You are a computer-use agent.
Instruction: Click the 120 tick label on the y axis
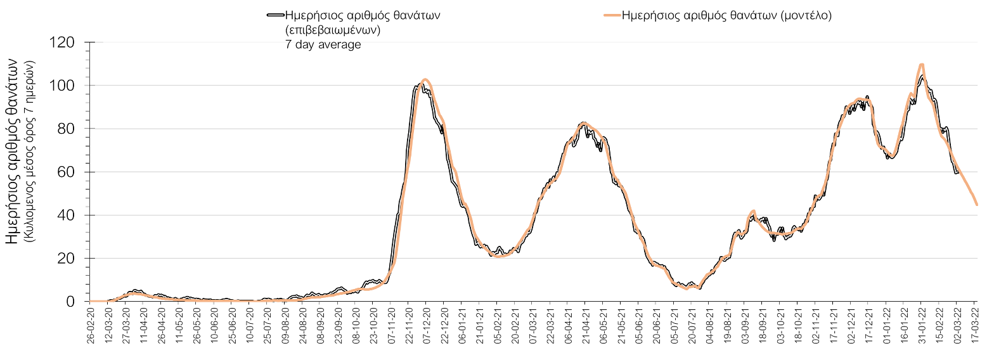(x=62, y=42)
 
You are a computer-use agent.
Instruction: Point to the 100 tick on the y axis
(x=62, y=86)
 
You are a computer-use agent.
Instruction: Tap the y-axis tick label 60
(x=67, y=172)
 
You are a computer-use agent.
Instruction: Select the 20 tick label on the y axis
(x=67, y=259)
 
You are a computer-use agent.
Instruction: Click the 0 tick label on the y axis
(x=71, y=302)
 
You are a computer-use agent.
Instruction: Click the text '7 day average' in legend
(x=323, y=44)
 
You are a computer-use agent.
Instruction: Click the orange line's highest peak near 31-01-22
(x=921, y=65)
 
